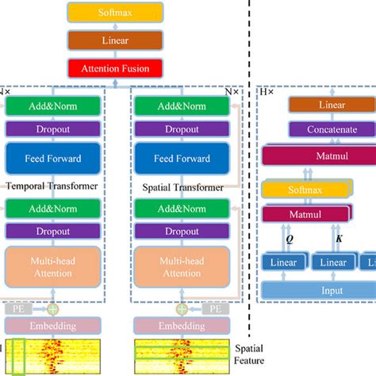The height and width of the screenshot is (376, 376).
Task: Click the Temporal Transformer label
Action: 52,186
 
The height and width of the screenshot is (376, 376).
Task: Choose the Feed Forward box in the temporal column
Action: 54,158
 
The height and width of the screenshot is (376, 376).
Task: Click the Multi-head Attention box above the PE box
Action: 54,267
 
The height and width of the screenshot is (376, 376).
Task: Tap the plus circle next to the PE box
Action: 53,308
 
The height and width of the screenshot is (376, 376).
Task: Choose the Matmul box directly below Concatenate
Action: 317,156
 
